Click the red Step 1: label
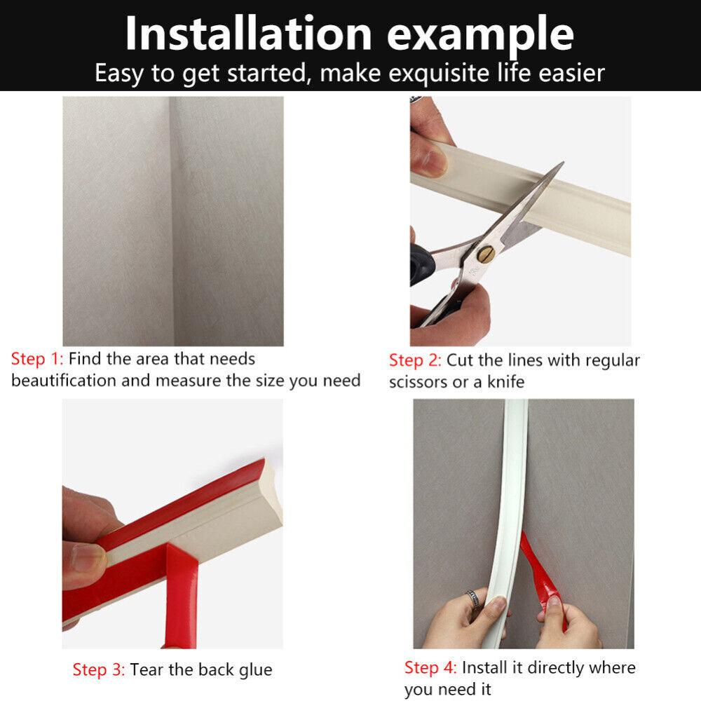click(x=37, y=359)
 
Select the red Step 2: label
click(x=415, y=360)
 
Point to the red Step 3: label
click(x=99, y=669)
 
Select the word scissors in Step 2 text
click(x=421, y=383)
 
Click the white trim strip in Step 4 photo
click(x=512, y=491)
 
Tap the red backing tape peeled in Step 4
click(x=543, y=575)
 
